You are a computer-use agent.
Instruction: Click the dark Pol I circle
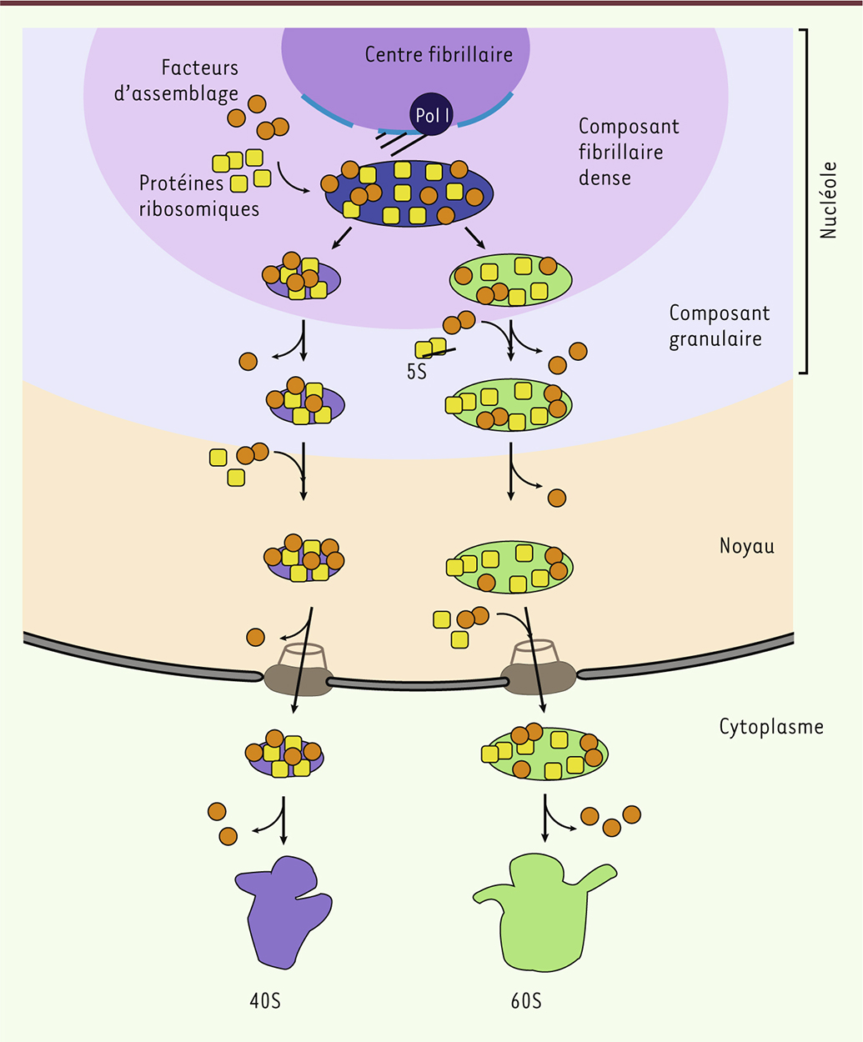(430, 114)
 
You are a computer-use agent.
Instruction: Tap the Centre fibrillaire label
(439, 55)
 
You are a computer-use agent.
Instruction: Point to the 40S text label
(265, 1000)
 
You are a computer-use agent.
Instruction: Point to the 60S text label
(526, 1000)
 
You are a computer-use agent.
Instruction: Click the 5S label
(416, 372)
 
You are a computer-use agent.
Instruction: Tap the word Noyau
(746, 547)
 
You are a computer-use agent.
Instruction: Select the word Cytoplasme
(771, 727)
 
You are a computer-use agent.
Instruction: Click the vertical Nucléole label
(828, 200)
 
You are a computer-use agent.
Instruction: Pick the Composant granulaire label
(719, 326)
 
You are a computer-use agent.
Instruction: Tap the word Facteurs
(200, 68)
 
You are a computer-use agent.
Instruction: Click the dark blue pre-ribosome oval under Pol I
(409, 194)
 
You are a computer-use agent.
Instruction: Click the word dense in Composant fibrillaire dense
(605, 178)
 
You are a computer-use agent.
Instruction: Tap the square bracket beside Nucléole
(805, 200)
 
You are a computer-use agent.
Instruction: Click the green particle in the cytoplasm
(547, 752)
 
